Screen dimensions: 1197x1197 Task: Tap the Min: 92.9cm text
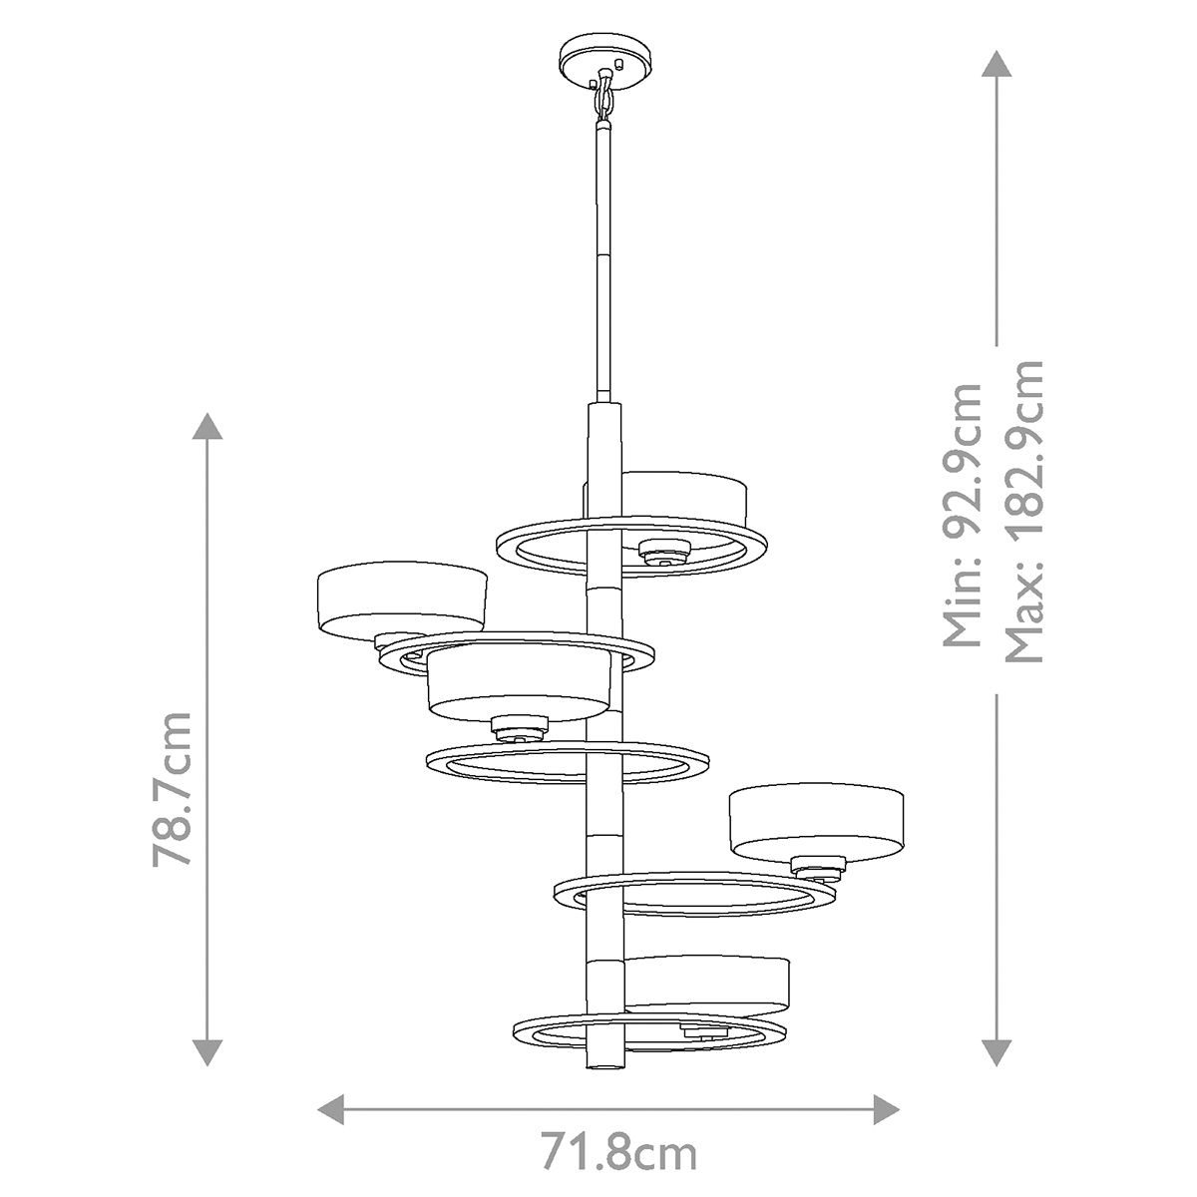point(964,515)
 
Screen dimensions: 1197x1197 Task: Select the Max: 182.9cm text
point(1023,511)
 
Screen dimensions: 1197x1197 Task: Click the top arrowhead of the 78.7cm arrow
point(207,426)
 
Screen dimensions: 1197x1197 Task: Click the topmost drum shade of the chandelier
point(686,499)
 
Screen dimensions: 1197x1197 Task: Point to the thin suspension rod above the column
point(603,259)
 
